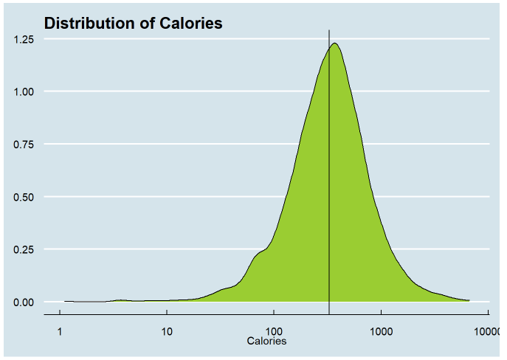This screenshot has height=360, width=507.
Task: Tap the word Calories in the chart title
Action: coord(191,24)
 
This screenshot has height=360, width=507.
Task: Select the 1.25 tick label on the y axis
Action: coord(24,39)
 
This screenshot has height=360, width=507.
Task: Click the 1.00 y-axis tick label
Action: coord(24,91)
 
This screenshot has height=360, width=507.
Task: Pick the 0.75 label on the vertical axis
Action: coord(24,145)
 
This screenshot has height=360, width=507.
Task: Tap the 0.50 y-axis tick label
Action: coord(24,197)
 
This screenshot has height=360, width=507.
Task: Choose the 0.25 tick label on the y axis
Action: coord(24,249)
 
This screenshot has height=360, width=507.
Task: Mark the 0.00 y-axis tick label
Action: coord(24,302)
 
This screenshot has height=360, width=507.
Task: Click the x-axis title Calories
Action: coord(266,342)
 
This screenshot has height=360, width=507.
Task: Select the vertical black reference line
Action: coord(329,184)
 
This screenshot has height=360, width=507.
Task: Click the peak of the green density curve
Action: coord(335,44)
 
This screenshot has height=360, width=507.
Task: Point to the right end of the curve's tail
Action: coord(469,300)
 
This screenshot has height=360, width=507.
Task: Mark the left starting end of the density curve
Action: coord(65,301)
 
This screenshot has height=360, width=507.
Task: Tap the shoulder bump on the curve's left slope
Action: coord(259,253)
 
